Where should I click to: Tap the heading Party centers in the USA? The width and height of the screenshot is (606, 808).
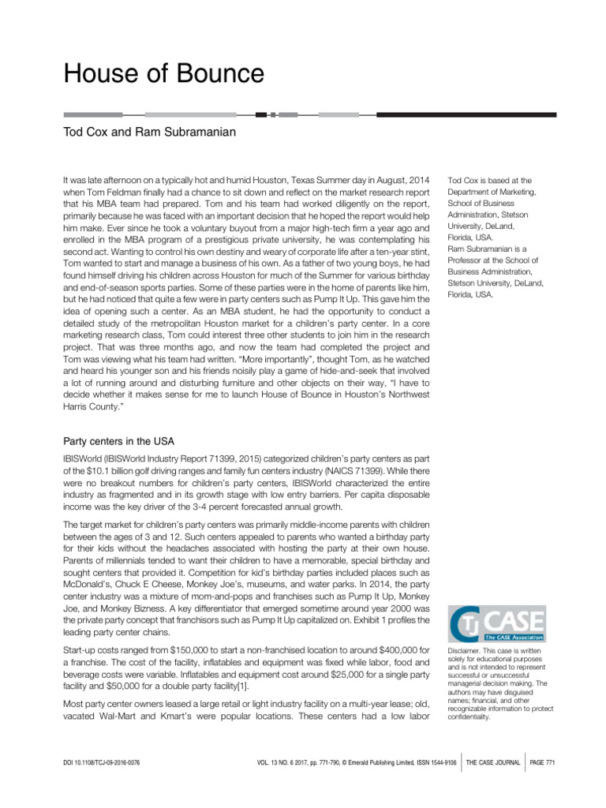(123, 441)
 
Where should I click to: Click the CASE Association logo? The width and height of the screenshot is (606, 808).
(496, 623)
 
